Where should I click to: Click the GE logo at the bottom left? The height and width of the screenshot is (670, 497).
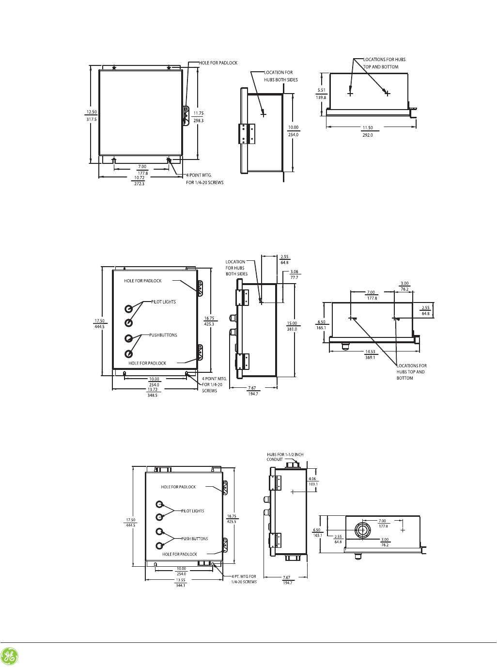(9, 656)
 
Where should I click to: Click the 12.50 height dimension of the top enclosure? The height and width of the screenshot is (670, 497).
(92, 112)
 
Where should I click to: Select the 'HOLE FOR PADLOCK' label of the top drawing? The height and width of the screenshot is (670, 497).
(218, 63)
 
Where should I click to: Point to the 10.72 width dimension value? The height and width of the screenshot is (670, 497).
(139, 178)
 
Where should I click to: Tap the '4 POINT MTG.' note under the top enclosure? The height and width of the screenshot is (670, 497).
(199, 175)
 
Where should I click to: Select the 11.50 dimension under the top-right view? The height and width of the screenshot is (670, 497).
(368, 128)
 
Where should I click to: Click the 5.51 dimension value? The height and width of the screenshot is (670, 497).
(321, 90)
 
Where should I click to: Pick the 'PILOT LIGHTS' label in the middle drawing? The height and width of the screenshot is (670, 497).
(163, 302)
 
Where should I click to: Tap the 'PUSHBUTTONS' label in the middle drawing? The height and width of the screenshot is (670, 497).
(163, 335)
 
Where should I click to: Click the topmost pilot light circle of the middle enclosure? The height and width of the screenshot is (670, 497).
(129, 309)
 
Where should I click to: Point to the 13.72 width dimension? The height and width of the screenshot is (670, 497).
(152, 390)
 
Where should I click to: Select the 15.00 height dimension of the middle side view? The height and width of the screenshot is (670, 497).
(292, 323)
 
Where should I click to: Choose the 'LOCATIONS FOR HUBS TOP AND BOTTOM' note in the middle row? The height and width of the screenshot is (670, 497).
(411, 372)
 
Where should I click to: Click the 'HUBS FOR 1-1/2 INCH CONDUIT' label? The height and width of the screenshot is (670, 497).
(285, 457)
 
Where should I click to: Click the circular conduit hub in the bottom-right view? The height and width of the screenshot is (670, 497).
(361, 530)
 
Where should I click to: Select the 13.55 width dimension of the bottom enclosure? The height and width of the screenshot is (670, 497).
(181, 580)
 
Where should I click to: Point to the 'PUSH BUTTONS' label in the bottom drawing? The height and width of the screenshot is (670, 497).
(194, 539)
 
